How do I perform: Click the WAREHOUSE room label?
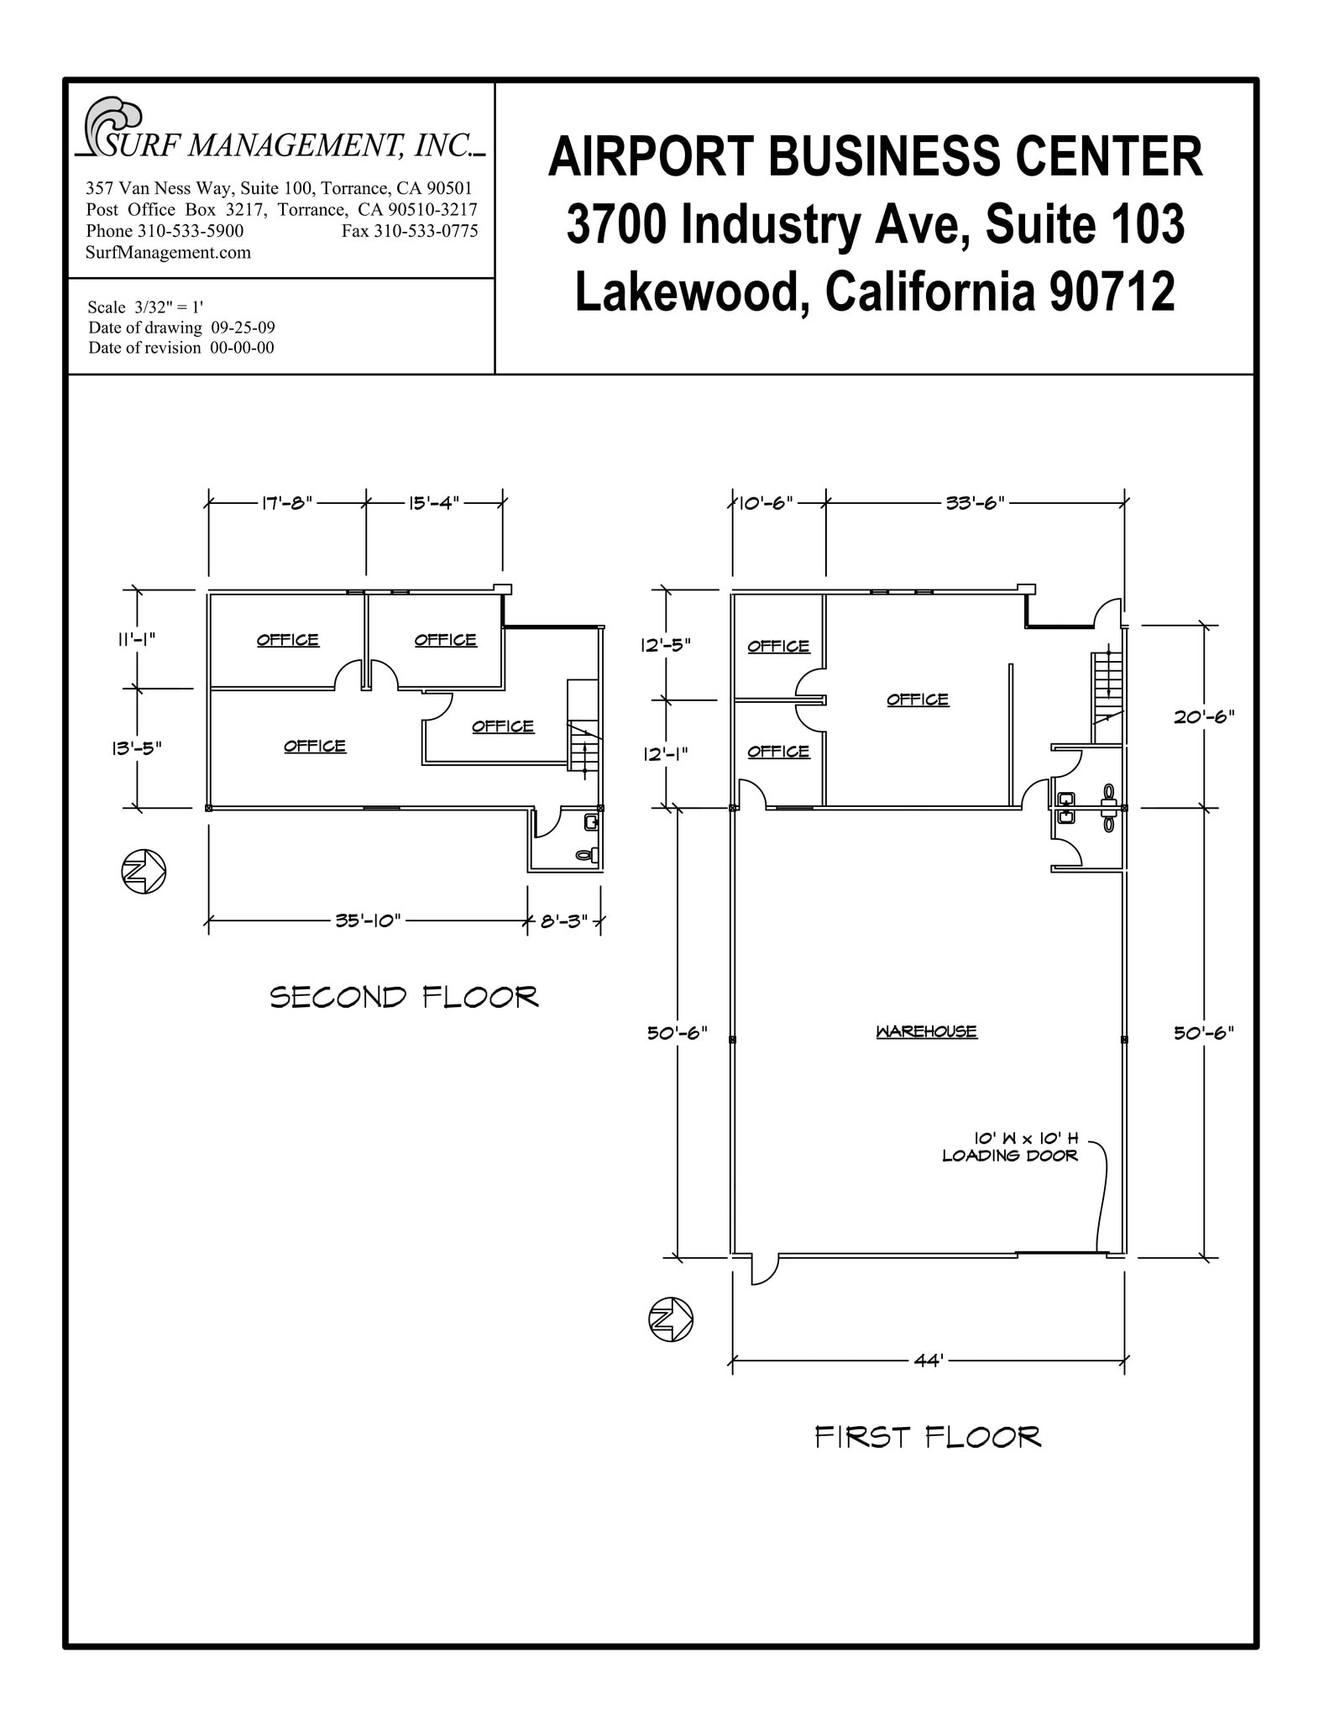pos(926,1031)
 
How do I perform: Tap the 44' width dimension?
pos(929,1361)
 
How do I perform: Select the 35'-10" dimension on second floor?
pos(369,920)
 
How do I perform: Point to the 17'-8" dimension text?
pos(287,503)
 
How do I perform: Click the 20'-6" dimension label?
pos(1203,716)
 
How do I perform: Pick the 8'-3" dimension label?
pos(563,921)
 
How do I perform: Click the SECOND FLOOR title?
pos(404,998)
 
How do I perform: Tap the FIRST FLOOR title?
pos(928,1437)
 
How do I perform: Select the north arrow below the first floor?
pos(671,1319)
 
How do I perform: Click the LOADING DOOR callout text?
pos(1010,1156)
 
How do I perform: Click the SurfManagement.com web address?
pos(168,253)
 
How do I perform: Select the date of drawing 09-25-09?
pos(243,328)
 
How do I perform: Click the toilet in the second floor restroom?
pos(586,855)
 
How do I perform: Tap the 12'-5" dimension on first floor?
pos(666,645)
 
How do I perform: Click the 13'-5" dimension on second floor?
pos(136,747)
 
